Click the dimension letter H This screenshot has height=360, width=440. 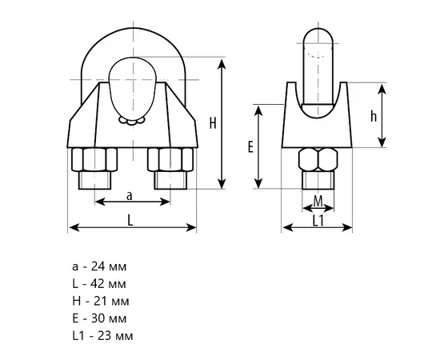[213, 123]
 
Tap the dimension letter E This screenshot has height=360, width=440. [250, 147]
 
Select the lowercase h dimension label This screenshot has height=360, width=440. [374, 116]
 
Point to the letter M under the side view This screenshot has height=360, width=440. [318, 201]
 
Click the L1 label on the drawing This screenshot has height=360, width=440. [318, 221]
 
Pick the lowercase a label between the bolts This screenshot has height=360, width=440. [129, 196]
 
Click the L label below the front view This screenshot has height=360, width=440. [130, 221]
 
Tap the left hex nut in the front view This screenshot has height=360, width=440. [94, 159]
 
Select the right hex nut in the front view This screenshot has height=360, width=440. [170, 159]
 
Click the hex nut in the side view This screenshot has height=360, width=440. [318, 159]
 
